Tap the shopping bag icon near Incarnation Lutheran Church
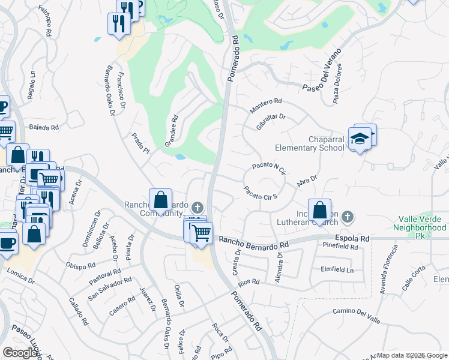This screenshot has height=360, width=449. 321,210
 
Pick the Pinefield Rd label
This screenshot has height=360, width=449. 340,247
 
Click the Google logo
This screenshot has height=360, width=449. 20,353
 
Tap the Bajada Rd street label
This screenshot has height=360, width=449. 44,128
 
